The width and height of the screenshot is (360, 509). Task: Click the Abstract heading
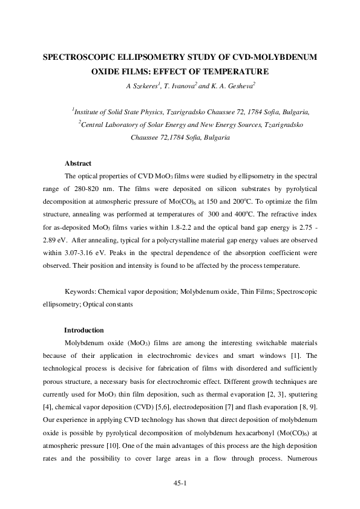point(78,163)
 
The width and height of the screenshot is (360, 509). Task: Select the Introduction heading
point(84,330)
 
